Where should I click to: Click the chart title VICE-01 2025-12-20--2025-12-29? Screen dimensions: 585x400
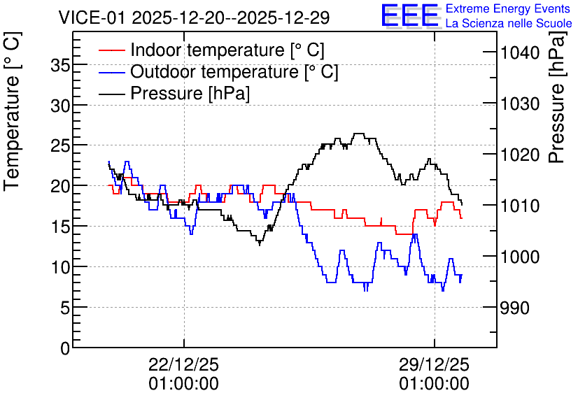[194, 17]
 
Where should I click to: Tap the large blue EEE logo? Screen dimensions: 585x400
[410, 15]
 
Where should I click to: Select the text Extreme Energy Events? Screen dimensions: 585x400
[508, 8]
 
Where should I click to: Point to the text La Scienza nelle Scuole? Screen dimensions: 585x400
[509, 23]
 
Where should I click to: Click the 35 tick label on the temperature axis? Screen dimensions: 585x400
[60, 66]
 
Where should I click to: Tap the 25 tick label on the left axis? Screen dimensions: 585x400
[60, 145]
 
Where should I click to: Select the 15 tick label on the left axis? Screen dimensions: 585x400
[60, 227]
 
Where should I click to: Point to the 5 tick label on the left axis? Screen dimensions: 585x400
[66, 308]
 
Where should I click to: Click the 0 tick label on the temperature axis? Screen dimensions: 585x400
[66, 348]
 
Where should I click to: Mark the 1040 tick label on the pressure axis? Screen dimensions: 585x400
[520, 53]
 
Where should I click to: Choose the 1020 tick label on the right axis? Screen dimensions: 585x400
[520, 155]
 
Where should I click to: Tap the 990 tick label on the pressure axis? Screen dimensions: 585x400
[515, 308]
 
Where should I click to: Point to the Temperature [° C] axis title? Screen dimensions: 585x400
[12, 111]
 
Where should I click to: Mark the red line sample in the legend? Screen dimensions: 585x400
[111, 50]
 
